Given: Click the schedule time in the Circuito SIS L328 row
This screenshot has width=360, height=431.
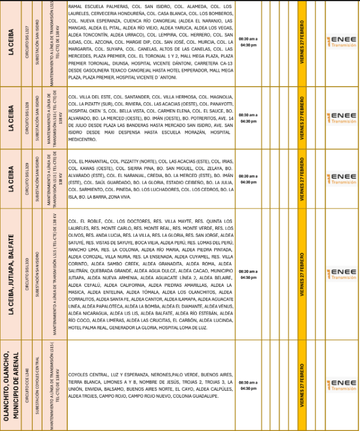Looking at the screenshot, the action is click(x=249, y=118).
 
